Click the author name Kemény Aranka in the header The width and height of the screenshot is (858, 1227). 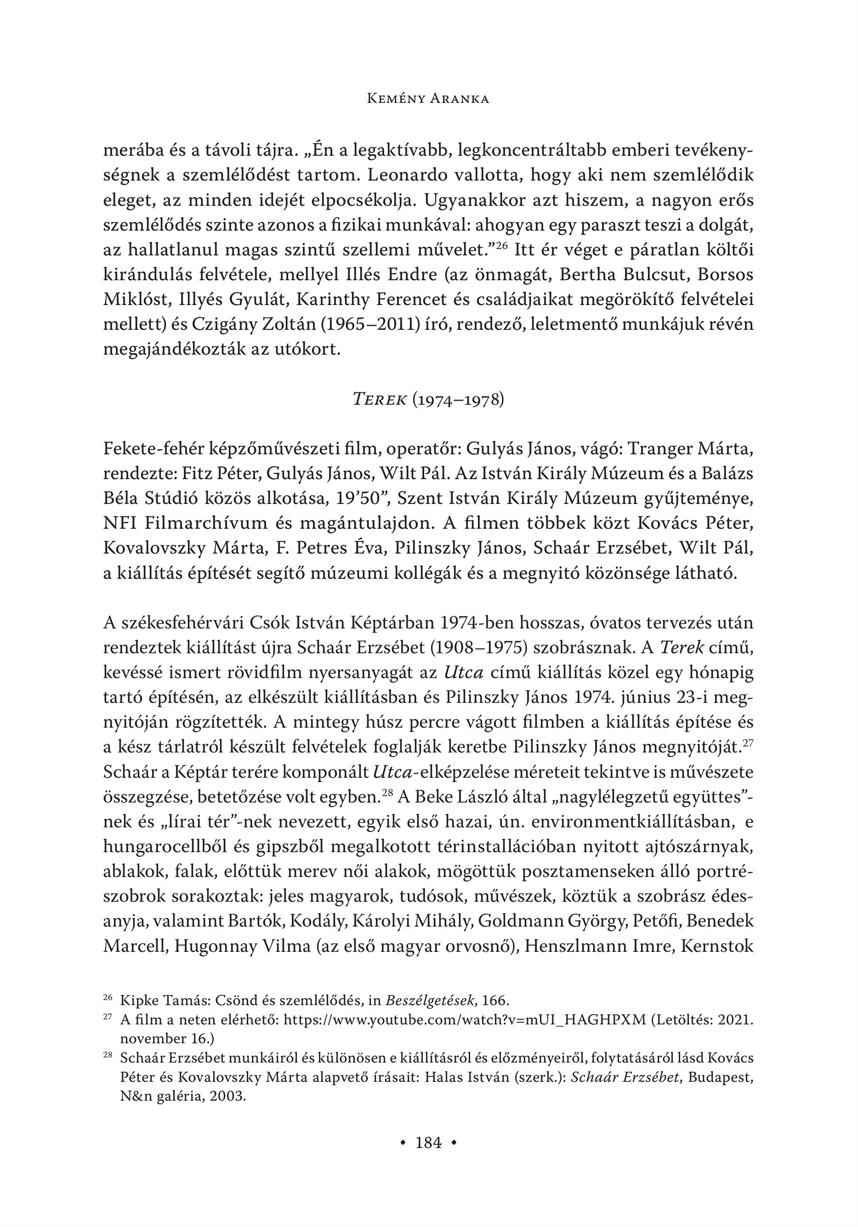429,99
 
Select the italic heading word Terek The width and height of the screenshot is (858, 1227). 380,400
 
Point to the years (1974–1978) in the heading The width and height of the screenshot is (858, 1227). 458,400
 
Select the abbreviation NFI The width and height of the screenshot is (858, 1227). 119,523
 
